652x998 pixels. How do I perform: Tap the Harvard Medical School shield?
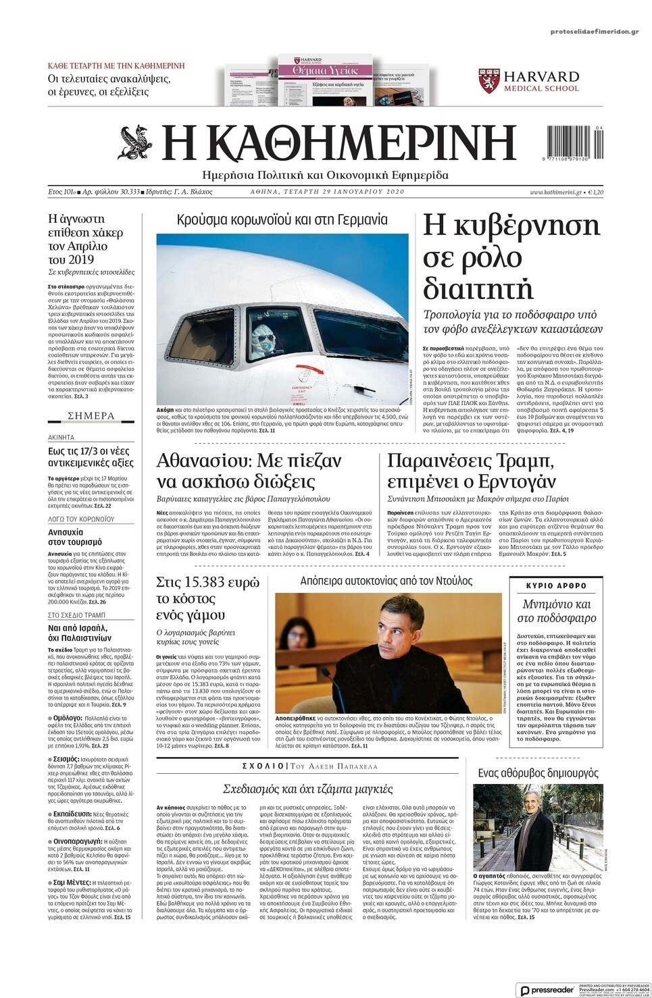pyautogui.click(x=490, y=80)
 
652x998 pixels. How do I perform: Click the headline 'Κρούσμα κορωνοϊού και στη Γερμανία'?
pyautogui.click(x=282, y=219)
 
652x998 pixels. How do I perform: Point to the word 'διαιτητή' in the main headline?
pyautogui.click(x=478, y=289)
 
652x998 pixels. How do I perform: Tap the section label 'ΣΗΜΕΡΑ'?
pyautogui.click(x=92, y=416)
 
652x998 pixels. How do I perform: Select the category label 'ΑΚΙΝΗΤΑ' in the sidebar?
pyautogui.click(x=61, y=438)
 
